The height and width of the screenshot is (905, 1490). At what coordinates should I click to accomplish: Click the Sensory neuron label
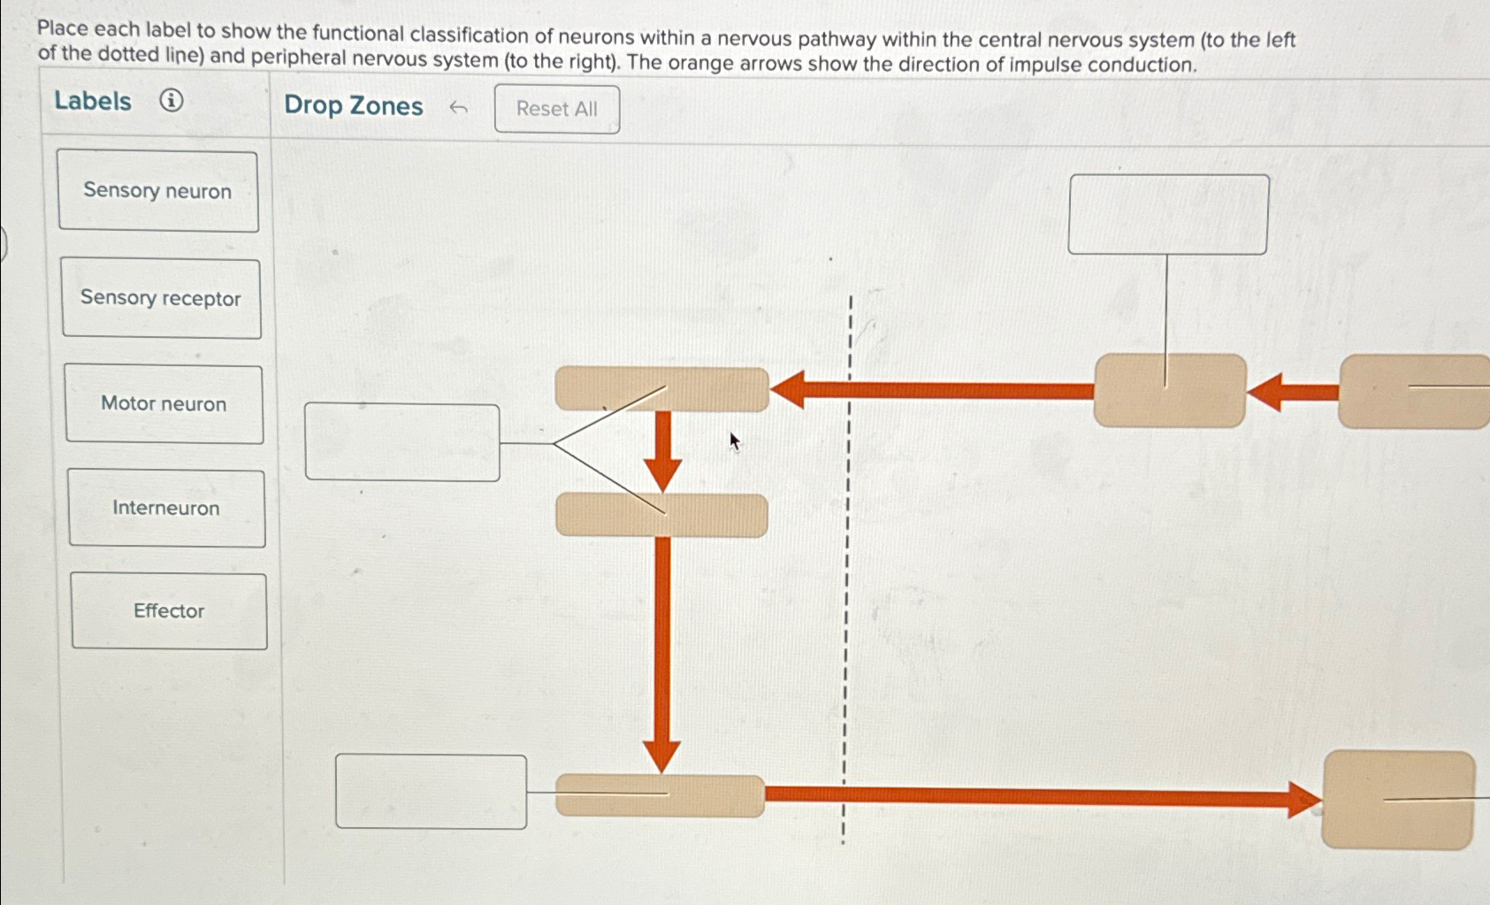[157, 191]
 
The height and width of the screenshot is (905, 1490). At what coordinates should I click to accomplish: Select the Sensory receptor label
[161, 298]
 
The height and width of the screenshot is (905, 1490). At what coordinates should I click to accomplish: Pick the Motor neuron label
[164, 404]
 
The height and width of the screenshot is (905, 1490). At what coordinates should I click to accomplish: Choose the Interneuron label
[166, 509]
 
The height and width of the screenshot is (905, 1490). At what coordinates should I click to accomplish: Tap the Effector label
[169, 611]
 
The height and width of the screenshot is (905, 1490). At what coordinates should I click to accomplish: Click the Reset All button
[556, 109]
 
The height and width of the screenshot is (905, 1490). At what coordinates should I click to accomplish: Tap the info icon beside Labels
[172, 101]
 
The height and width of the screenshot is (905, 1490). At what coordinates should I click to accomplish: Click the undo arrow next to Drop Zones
[458, 109]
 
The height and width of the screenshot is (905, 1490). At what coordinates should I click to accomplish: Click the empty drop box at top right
[1168, 214]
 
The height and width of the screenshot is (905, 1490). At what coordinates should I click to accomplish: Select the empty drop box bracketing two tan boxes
[402, 442]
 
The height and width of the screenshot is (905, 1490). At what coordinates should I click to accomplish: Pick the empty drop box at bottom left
[431, 792]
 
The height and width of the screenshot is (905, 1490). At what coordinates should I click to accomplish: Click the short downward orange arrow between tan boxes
[663, 449]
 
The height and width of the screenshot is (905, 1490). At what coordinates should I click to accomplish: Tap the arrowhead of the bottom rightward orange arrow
[1304, 800]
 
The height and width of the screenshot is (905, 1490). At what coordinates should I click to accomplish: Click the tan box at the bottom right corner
[1398, 800]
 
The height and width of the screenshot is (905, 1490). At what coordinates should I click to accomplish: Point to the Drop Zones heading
[353, 106]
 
